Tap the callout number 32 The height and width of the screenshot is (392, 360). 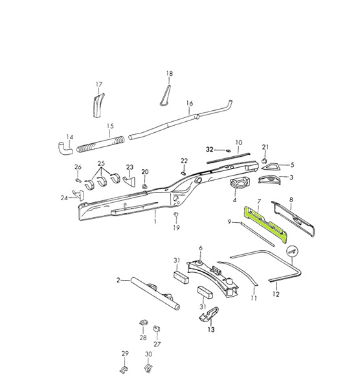(x=210, y=150)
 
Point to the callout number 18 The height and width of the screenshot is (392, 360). (x=170, y=73)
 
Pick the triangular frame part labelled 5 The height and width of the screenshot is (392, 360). (x=271, y=167)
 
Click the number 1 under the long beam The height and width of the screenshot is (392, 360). (x=155, y=222)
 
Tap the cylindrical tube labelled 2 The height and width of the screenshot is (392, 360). (x=155, y=293)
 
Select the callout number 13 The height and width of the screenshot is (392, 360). (x=211, y=330)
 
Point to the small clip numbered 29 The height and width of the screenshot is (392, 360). (x=124, y=369)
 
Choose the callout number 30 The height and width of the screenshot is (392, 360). (x=148, y=354)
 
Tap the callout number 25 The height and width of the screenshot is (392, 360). (x=101, y=163)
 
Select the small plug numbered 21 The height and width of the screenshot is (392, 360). (x=265, y=161)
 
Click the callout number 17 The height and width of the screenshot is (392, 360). (x=99, y=84)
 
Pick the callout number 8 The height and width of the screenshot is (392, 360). (x=291, y=200)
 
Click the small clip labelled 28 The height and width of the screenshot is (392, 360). (x=143, y=323)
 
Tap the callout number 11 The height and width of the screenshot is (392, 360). (x=254, y=298)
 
